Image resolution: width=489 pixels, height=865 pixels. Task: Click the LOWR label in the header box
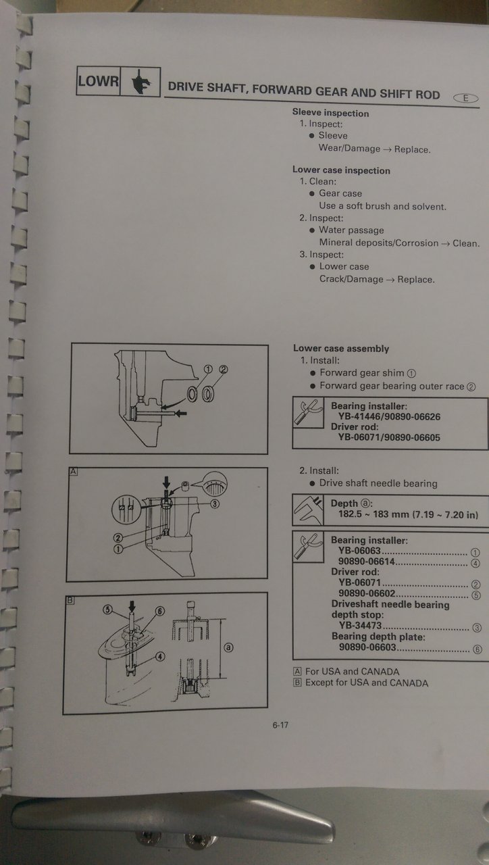pos(99,81)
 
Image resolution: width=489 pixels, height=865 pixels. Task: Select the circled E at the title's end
pos(465,98)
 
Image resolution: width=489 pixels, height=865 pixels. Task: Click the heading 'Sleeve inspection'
pos(330,113)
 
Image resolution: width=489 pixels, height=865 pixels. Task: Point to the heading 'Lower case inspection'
pos(341,170)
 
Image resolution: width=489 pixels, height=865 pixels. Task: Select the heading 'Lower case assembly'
pos(341,348)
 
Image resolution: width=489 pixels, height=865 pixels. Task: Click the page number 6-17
pos(280,725)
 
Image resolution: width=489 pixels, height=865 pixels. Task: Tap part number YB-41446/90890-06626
pos(389,417)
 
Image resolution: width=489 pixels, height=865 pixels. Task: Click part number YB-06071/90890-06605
pos(389,437)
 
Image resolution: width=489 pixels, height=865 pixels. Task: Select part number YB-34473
pos(360,625)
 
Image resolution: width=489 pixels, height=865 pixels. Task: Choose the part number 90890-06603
pos(367,647)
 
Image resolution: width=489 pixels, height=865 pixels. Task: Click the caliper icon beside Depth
pos(308,510)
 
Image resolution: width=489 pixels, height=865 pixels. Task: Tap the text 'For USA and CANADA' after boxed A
pos(353,672)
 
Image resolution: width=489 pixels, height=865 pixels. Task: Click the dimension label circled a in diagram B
pos(228,647)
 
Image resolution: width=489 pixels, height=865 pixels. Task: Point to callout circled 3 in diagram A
pos(215,503)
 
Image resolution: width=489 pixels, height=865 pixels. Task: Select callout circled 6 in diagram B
pos(160,611)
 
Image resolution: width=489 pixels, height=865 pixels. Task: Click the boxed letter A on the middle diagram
pos(74,471)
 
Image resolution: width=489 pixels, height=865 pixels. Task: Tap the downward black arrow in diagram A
pos(166,483)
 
